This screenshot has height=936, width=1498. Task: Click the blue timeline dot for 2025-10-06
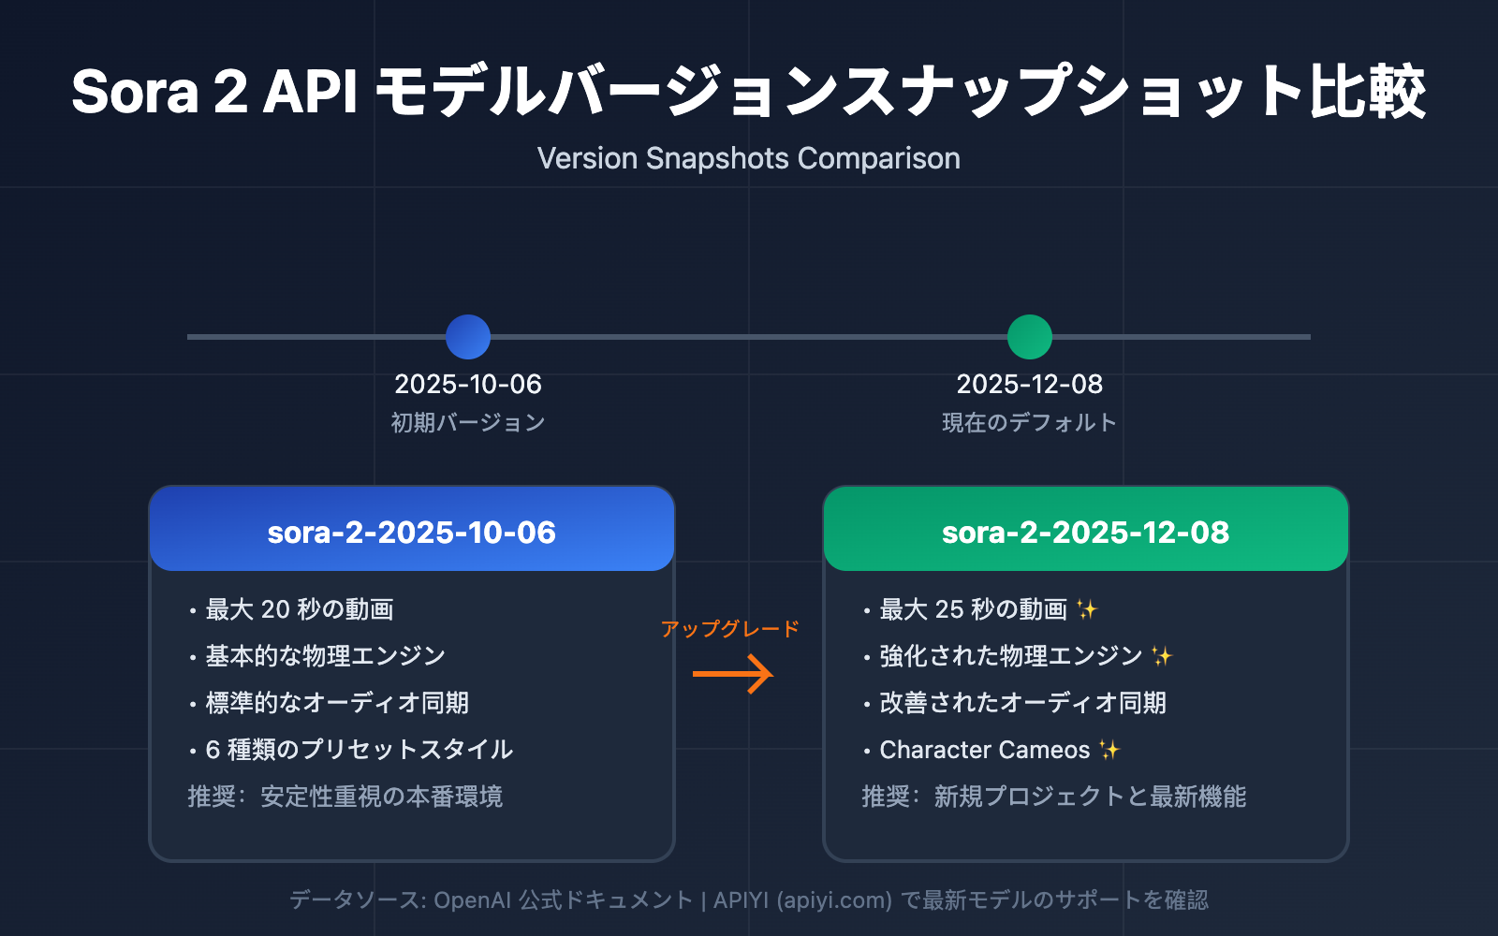click(x=468, y=337)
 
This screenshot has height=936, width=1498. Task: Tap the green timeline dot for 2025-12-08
click(x=1030, y=337)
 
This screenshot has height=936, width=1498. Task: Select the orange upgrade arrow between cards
click(x=732, y=674)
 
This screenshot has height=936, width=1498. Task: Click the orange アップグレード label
click(x=730, y=629)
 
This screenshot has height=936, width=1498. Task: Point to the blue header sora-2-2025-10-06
click(x=412, y=532)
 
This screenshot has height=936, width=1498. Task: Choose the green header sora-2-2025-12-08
click(x=1086, y=532)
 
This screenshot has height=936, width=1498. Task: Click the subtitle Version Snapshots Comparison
click(x=749, y=158)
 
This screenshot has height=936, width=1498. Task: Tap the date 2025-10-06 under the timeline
click(x=468, y=384)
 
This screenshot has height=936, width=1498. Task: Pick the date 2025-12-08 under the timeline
click(x=1030, y=384)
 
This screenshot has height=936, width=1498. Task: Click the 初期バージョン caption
click(x=468, y=423)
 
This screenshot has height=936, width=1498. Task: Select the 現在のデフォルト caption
click(x=1030, y=423)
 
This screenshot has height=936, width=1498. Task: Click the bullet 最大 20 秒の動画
click(x=300, y=609)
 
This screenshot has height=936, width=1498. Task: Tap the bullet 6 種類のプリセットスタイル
click(x=360, y=750)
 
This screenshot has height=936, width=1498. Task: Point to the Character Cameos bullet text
click(x=985, y=750)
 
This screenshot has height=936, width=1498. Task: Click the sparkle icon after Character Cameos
click(x=1109, y=750)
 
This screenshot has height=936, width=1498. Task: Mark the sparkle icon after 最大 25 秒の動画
click(x=1087, y=609)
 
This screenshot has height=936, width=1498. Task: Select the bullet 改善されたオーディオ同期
click(x=1022, y=703)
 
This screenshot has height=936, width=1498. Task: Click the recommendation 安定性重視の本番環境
click(x=382, y=797)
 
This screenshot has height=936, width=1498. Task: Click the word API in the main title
click(x=311, y=92)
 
